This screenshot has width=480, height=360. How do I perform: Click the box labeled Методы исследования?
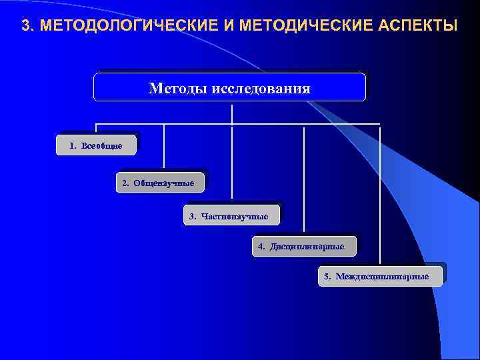coord(229,87)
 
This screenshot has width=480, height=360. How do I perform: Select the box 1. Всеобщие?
coord(98,145)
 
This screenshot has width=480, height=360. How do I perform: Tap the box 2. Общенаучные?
coord(160,182)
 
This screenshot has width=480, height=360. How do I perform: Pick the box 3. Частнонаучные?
coord(231,215)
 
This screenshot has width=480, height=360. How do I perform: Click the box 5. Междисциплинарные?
coord(380,276)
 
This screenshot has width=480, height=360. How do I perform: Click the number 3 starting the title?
coord(25,27)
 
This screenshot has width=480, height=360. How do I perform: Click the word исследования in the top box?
coord(261,88)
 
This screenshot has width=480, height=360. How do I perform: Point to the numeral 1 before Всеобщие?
coord(72,145)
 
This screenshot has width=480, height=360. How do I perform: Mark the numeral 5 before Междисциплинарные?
coord(327,276)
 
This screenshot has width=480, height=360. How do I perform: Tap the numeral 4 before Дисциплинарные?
coord(261,247)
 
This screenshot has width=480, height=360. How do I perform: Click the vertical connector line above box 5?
coord(380,193)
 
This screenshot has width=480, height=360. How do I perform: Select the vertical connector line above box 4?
coord(304,180)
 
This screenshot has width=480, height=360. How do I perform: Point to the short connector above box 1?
coord(97,129)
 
